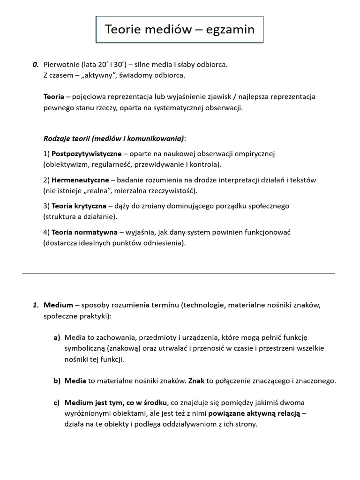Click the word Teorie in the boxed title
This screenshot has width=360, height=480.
[x=121, y=30]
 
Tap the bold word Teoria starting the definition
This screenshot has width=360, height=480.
[x=53, y=97]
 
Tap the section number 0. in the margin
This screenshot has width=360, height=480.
[x=35, y=64]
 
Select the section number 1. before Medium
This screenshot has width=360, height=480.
[x=36, y=305]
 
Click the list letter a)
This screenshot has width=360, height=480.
[x=57, y=337]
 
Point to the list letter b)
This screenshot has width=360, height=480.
[x=57, y=381]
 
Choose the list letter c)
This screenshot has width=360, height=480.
[x=57, y=403]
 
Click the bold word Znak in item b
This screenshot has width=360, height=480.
[x=196, y=381]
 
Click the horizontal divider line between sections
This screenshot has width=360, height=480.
[x=179, y=273]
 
